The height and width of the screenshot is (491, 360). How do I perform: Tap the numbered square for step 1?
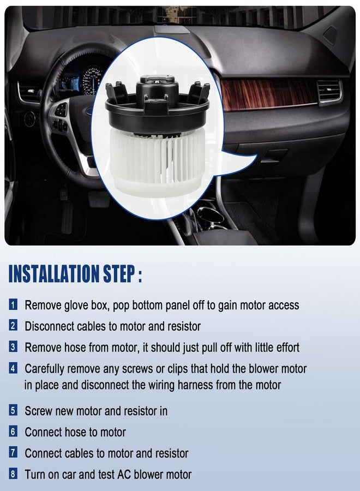click(13, 304)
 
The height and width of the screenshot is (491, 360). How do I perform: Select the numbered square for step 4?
click(13, 368)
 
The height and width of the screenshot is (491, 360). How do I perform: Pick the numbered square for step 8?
click(13, 474)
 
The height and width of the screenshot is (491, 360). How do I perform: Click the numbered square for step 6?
click(13, 432)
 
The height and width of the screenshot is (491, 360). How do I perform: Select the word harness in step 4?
click(195, 385)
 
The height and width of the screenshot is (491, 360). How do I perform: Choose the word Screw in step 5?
click(38, 411)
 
